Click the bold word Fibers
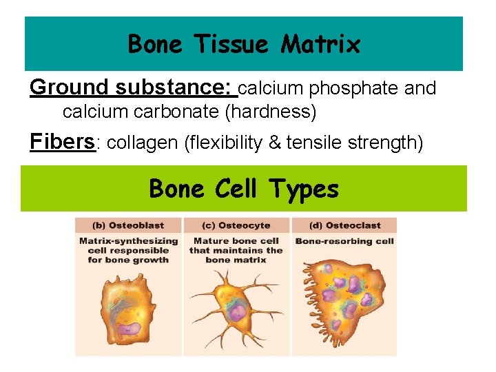click(62, 141)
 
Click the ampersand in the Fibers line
click(274, 143)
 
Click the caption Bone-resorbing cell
click(344, 241)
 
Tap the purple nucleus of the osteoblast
click(129, 329)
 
